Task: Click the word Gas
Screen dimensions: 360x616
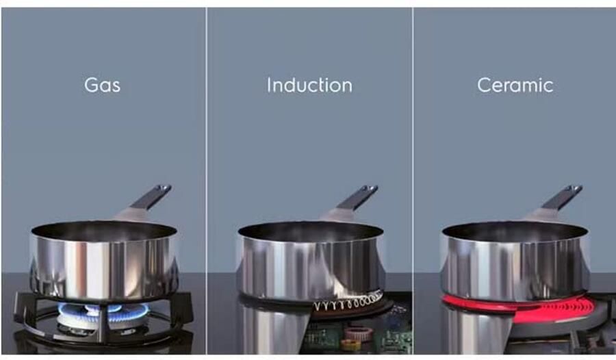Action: [x=102, y=86]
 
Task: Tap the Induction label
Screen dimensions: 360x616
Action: [x=309, y=86]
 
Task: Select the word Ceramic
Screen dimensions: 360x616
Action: [x=515, y=86]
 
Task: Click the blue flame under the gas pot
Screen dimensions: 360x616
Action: [x=103, y=309]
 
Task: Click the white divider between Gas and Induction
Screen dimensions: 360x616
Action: [x=206, y=137]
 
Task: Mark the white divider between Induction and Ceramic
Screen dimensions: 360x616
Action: [x=412, y=137]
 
